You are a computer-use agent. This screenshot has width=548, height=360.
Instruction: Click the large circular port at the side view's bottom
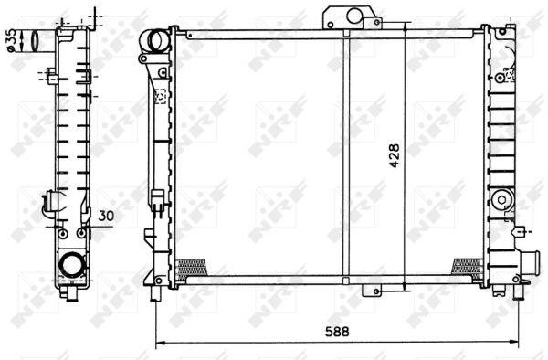point(70,266)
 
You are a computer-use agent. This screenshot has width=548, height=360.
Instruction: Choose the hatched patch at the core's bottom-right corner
point(467,266)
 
